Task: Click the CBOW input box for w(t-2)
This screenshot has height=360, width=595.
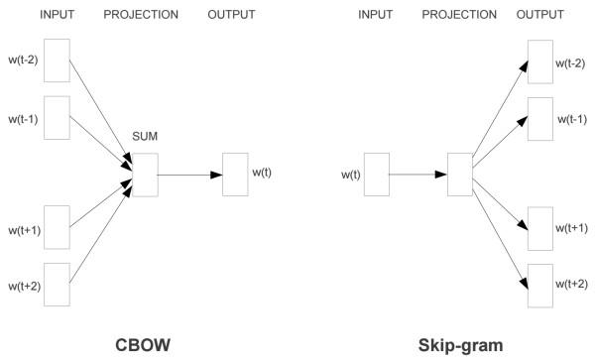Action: click(x=57, y=61)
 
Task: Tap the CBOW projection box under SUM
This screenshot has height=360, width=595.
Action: click(x=146, y=175)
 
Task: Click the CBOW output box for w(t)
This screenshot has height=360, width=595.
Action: click(x=235, y=175)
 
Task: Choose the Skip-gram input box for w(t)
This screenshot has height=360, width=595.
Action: click(x=376, y=175)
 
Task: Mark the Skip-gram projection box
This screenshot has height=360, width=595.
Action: click(x=459, y=175)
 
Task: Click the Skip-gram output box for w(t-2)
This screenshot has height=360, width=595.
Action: click(x=540, y=61)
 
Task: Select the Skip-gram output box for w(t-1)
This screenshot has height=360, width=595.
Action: click(x=540, y=117)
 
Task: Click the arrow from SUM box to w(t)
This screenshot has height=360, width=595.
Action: click(x=189, y=175)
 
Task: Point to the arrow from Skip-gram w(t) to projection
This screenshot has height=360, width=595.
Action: click(x=417, y=175)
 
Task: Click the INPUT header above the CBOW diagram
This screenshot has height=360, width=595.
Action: click(x=58, y=15)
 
